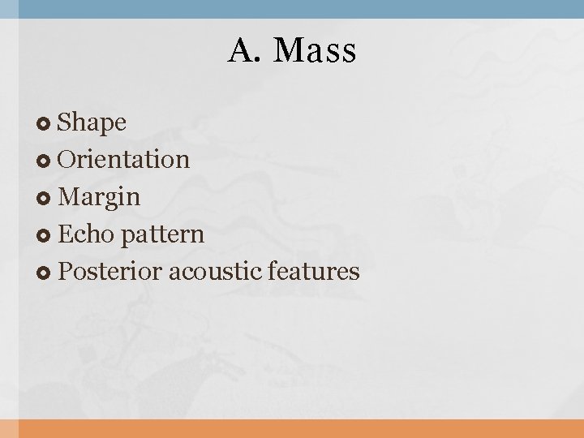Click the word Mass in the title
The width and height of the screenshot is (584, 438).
pos(315,51)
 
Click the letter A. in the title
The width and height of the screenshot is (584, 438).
pos(243,51)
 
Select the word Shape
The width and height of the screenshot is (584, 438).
pos(92,122)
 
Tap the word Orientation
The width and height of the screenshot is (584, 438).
pos(124,159)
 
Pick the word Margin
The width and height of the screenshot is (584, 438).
pos(100,197)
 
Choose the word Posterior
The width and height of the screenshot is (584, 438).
pos(110,271)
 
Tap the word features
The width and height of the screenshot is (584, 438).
pos(311,271)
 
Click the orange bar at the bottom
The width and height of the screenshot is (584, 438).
pos(292,428)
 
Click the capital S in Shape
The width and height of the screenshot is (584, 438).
pos(66,122)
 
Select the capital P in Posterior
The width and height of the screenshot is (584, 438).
pos(65,271)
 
